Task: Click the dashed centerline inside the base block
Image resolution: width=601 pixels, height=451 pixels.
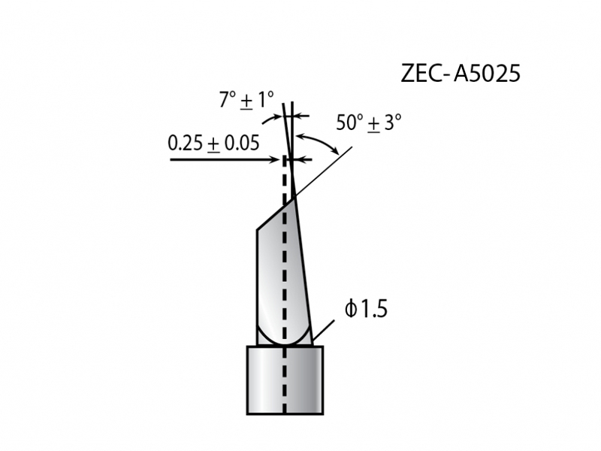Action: coord(285,380)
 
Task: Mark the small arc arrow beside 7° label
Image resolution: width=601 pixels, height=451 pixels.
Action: coord(269,120)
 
